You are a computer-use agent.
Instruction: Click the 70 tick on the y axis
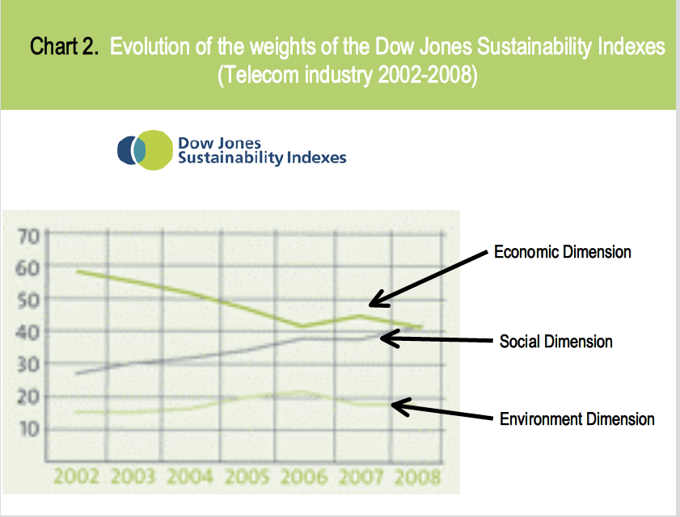click(x=27, y=236)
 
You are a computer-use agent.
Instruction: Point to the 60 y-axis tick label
click(x=27, y=267)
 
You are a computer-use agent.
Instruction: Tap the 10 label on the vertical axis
click(x=27, y=428)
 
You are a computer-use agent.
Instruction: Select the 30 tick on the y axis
click(x=27, y=364)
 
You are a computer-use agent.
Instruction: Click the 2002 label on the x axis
click(x=76, y=476)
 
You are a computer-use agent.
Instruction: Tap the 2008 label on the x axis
click(x=418, y=476)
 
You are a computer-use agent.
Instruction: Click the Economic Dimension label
click(x=563, y=252)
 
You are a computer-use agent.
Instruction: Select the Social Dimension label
click(x=555, y=342)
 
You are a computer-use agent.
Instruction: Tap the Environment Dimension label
click(x=577, y=419)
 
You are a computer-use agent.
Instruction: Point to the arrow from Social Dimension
click(x=437, y=340)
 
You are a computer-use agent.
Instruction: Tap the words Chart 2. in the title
click(x=65, y=46)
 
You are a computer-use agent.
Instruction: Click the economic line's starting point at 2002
click(x=77, y=271)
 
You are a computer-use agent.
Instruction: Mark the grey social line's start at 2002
click(x=77, y=374)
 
